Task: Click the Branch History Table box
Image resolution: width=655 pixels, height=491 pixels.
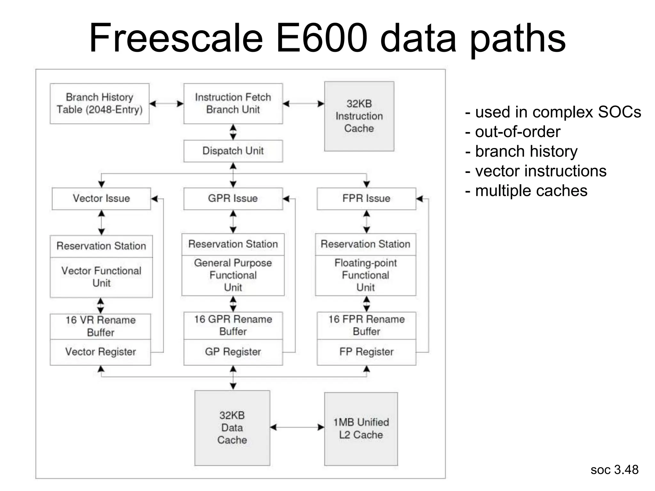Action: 99,104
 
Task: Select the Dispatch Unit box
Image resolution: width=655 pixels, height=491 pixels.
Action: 233,151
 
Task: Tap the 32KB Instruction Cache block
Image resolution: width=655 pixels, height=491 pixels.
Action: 359,116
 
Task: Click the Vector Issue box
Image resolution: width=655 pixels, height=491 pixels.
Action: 101,199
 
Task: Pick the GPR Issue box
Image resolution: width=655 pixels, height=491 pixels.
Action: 233,199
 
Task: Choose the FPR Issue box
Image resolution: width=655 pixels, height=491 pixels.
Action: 366,199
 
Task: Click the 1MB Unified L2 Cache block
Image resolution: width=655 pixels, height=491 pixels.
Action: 361,429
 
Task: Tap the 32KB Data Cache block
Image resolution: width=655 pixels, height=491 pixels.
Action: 232,428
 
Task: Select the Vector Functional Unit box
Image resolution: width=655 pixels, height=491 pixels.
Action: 101,277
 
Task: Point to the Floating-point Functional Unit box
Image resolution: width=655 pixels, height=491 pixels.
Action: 366,275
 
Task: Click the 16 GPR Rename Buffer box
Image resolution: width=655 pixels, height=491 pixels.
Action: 233,325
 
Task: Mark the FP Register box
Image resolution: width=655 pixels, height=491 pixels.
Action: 366,352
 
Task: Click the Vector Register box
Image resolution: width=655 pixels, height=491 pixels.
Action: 100,352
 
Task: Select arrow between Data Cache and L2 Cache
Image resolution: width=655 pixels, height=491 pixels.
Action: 297,427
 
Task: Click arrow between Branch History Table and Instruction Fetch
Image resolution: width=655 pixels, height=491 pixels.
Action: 166,104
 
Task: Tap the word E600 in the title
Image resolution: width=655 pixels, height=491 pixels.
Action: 321,38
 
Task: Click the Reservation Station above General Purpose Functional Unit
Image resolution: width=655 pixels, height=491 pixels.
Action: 233,244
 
